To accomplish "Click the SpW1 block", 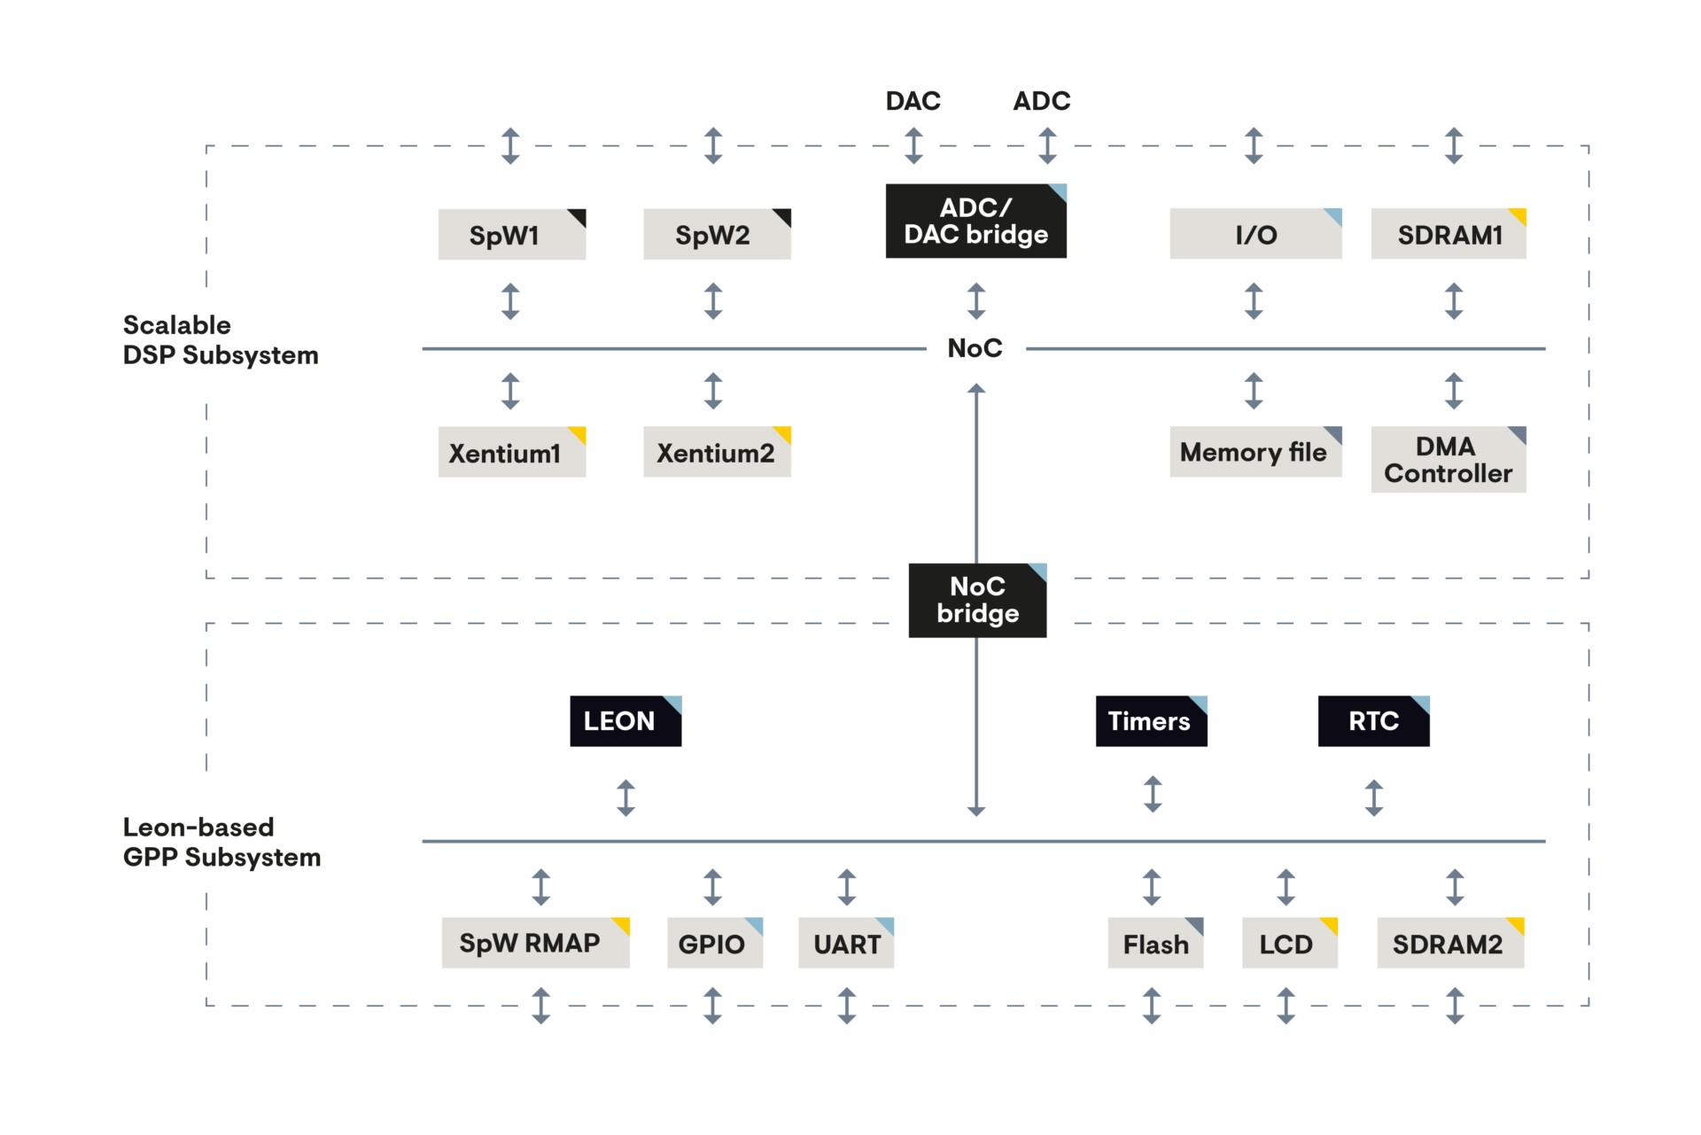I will pos(511,235).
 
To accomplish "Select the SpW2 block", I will pos(716,235).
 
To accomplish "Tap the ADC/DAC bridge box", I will pos(975,222).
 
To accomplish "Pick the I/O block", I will pos(1254,235).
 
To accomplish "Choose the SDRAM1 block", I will pos(1448,235).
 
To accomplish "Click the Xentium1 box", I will pos(511,453).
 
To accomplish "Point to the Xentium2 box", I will pos(716,453).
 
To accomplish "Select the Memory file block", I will pos(1254,453).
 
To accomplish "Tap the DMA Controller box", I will pos(1448,460).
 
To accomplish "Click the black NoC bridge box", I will pos(977,601).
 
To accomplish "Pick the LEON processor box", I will pos(625,721).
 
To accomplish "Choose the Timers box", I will pos(1150,721).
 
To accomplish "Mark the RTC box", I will pos(1373,721).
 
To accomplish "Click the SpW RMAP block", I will pos(535,943).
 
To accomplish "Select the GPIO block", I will pos(714,944).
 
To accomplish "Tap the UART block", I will pos(846,944).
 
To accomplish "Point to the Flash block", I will pos(1155,944).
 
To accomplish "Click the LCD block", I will pos(1289,944).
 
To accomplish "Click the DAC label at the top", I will pos(913,101).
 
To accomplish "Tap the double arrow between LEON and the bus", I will pos(625,797).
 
